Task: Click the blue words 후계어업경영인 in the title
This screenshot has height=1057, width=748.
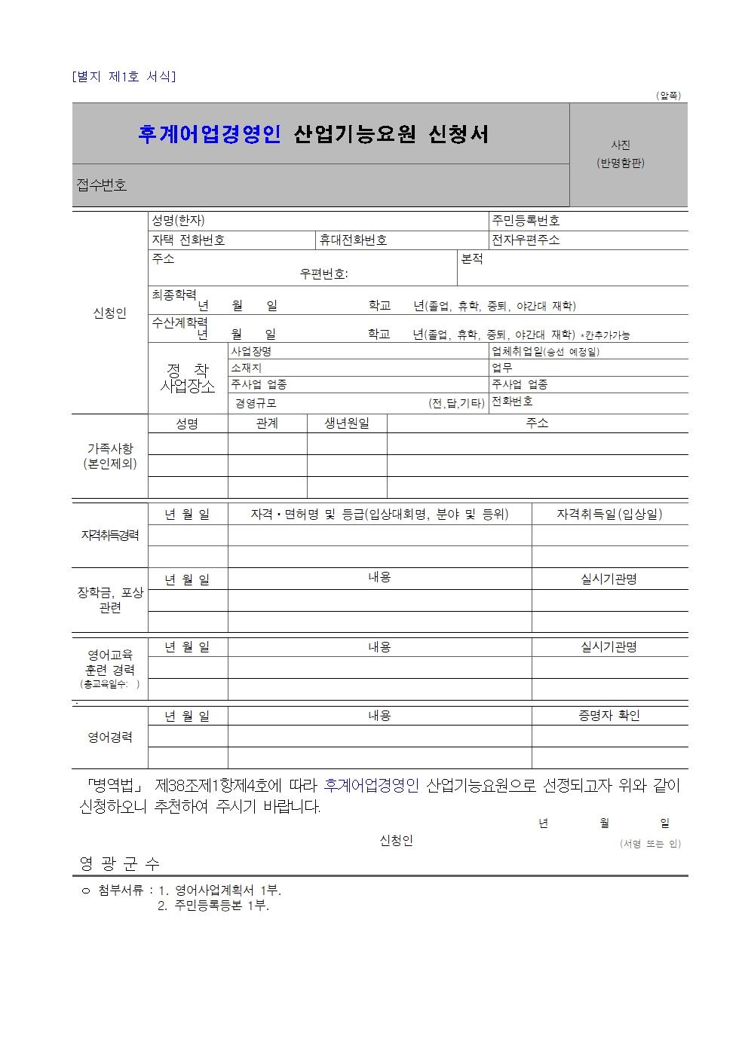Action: click(209, 134)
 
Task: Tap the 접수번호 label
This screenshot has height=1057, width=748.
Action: click(102, 185)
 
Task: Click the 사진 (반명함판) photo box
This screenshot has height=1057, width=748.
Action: click(628, 154)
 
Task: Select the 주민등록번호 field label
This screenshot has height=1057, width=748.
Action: click(526, 221)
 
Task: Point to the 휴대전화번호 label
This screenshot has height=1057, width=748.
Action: click(353, 240)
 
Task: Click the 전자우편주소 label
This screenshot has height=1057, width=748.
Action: click(526, 240)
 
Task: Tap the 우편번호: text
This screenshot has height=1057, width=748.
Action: click(323, 274)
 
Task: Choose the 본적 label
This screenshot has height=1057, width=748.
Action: click(472, 258)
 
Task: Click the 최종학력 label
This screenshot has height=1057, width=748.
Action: click(174, 295)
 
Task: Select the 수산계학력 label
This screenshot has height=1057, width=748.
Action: click(179, 322)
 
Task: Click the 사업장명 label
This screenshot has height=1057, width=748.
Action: click(251, 351)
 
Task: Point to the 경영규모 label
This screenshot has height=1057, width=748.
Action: click(256, 403)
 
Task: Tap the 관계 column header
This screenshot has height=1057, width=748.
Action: click(267, 423)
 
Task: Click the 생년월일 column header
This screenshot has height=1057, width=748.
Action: click(347, 423)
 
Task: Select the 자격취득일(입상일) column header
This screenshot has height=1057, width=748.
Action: click(609, 515)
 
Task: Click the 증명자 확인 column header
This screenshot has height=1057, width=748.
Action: click(609, 716)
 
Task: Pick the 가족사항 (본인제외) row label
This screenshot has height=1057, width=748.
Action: click(110, 456)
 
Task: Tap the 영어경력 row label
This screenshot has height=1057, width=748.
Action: click(110, 738)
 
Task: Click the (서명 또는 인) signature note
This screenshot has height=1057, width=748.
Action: click(650, 844)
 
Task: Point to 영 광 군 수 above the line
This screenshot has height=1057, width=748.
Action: click(120, 864)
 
